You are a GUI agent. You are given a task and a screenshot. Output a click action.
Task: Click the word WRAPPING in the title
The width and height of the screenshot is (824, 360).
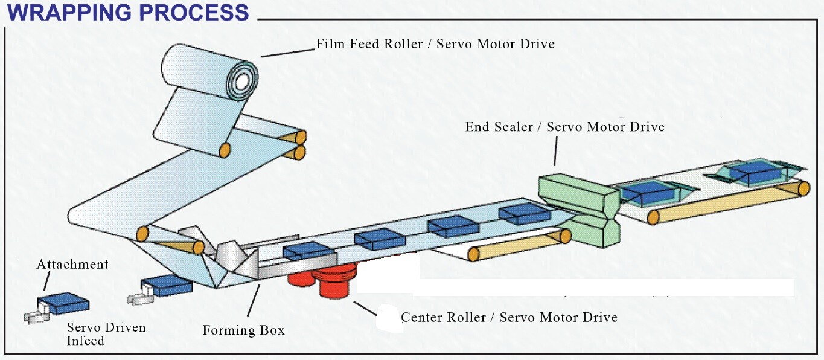69,12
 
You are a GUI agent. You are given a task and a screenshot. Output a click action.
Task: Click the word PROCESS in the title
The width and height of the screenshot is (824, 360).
194,12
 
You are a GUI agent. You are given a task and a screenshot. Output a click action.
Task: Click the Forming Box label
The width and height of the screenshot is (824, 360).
244,330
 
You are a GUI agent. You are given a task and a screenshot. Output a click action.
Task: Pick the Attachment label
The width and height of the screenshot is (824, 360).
72,265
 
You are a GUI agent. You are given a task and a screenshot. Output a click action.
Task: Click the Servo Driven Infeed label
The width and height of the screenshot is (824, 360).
106,334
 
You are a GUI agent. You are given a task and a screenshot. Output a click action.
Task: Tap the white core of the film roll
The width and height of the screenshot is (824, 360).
241,82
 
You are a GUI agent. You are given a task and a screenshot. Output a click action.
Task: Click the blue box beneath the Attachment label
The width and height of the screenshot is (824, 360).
63,303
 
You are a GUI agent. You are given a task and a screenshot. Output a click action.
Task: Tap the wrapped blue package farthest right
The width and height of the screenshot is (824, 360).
755,173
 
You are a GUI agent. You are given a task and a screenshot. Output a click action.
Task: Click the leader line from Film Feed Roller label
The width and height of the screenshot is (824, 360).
288,53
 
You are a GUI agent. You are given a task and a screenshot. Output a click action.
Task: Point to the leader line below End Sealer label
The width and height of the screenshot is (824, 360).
555,150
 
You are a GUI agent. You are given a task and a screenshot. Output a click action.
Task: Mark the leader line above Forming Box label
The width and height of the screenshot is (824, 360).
254,300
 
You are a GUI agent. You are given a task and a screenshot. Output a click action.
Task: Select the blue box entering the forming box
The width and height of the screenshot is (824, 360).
167,285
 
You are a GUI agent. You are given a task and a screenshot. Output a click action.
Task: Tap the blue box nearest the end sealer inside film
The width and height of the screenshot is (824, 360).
525,214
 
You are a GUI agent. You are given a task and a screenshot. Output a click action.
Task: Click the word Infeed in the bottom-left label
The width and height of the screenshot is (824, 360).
86,341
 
